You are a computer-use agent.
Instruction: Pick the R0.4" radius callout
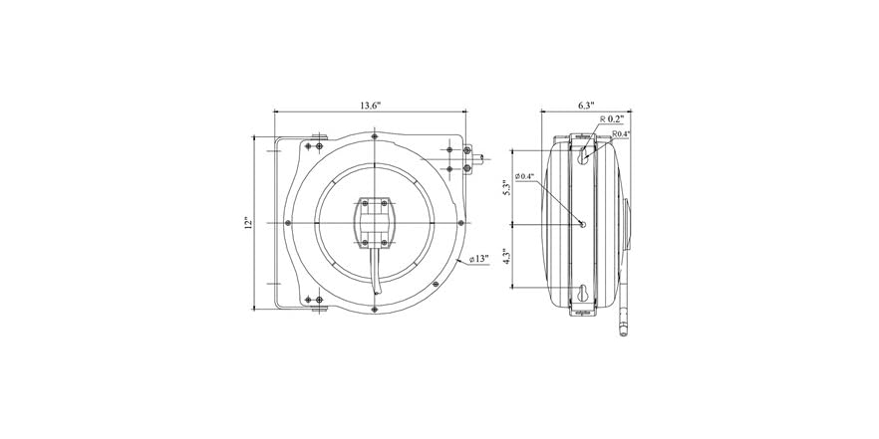point(621,133)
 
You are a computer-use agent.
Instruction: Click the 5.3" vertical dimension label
point(506,187)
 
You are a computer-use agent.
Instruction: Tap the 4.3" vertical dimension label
point(506,256)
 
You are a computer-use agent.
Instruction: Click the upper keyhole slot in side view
point(583,153)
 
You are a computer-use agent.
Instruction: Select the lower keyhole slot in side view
point(583,293)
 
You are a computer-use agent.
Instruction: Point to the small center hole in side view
point(584,223)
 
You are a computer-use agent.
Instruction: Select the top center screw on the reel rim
point(373,136)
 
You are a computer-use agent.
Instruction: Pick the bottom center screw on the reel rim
point(373,308)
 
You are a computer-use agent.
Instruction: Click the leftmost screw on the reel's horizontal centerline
point(287,222)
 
